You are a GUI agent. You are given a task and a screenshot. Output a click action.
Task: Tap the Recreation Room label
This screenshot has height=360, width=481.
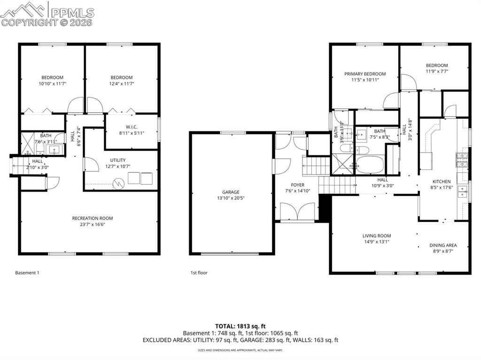92,218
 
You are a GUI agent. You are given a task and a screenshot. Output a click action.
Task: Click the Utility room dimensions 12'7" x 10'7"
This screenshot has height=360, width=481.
118,166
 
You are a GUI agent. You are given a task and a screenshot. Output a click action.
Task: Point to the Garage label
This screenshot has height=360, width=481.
231,192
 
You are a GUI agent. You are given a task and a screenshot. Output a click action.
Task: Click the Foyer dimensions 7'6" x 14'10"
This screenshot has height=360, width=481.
298,191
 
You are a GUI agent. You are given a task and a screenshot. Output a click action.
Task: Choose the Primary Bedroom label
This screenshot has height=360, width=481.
365,74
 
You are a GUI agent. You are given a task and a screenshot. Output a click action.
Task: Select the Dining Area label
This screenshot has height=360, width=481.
443,245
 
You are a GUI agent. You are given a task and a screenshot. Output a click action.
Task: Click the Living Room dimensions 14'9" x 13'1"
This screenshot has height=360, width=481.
376,242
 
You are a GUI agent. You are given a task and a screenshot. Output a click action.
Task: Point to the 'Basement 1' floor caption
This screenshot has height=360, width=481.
27,273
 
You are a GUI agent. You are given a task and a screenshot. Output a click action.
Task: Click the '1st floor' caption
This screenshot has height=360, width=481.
199,273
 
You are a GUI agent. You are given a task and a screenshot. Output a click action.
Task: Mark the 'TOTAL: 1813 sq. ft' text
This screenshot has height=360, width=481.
240,326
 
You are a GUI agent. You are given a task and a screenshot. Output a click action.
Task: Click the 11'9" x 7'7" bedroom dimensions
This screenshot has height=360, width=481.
436,72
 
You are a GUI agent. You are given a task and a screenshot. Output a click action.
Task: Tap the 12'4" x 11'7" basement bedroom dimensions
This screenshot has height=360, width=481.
122,84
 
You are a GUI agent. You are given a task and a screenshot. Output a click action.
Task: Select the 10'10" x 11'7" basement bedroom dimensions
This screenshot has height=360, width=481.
52,84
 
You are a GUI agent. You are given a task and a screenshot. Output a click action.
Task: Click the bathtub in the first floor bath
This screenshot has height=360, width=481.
370,165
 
